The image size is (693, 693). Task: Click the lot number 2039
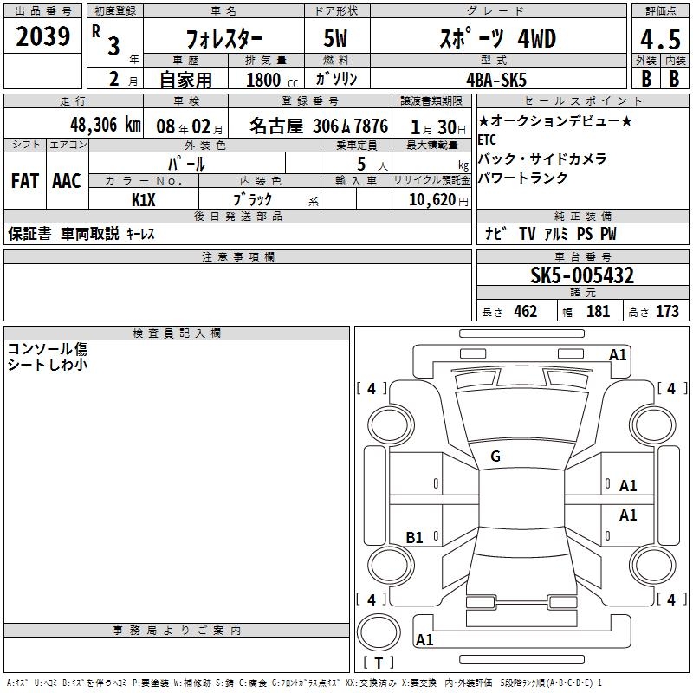tap(42, 36)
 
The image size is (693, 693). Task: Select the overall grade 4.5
tap(660, 39)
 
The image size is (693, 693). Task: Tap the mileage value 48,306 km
tap(105, 125)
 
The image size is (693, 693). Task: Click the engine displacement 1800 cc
tap(272, 80)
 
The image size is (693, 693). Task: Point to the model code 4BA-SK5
tap(496, 80)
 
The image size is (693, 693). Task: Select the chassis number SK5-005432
tap(582, 275)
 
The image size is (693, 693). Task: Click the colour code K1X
tap(144, 200)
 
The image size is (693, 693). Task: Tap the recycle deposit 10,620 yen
tap(438, 200)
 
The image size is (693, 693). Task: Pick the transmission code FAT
tap(25, 181)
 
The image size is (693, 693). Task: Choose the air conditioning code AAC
tap(67, 181)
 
